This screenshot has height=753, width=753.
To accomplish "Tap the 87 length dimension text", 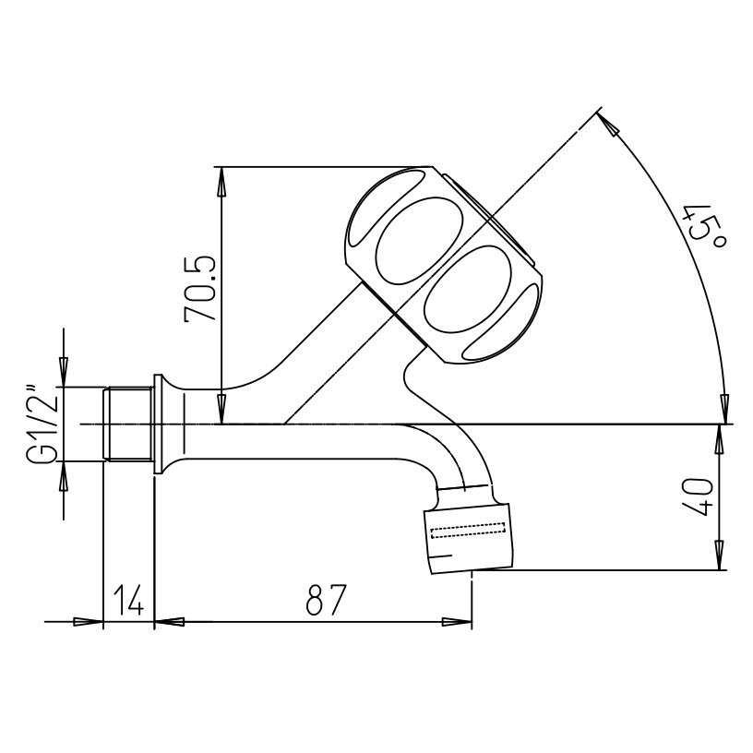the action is coord(326,600).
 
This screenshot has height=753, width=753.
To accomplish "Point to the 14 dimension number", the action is coord(128,600).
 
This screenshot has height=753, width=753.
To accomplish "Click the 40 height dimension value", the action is coord(700,497).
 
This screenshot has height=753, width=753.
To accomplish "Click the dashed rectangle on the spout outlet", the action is coord(468,531).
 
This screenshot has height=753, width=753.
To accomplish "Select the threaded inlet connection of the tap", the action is coord(128,424).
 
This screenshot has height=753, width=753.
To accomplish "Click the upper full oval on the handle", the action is coord(419,241).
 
